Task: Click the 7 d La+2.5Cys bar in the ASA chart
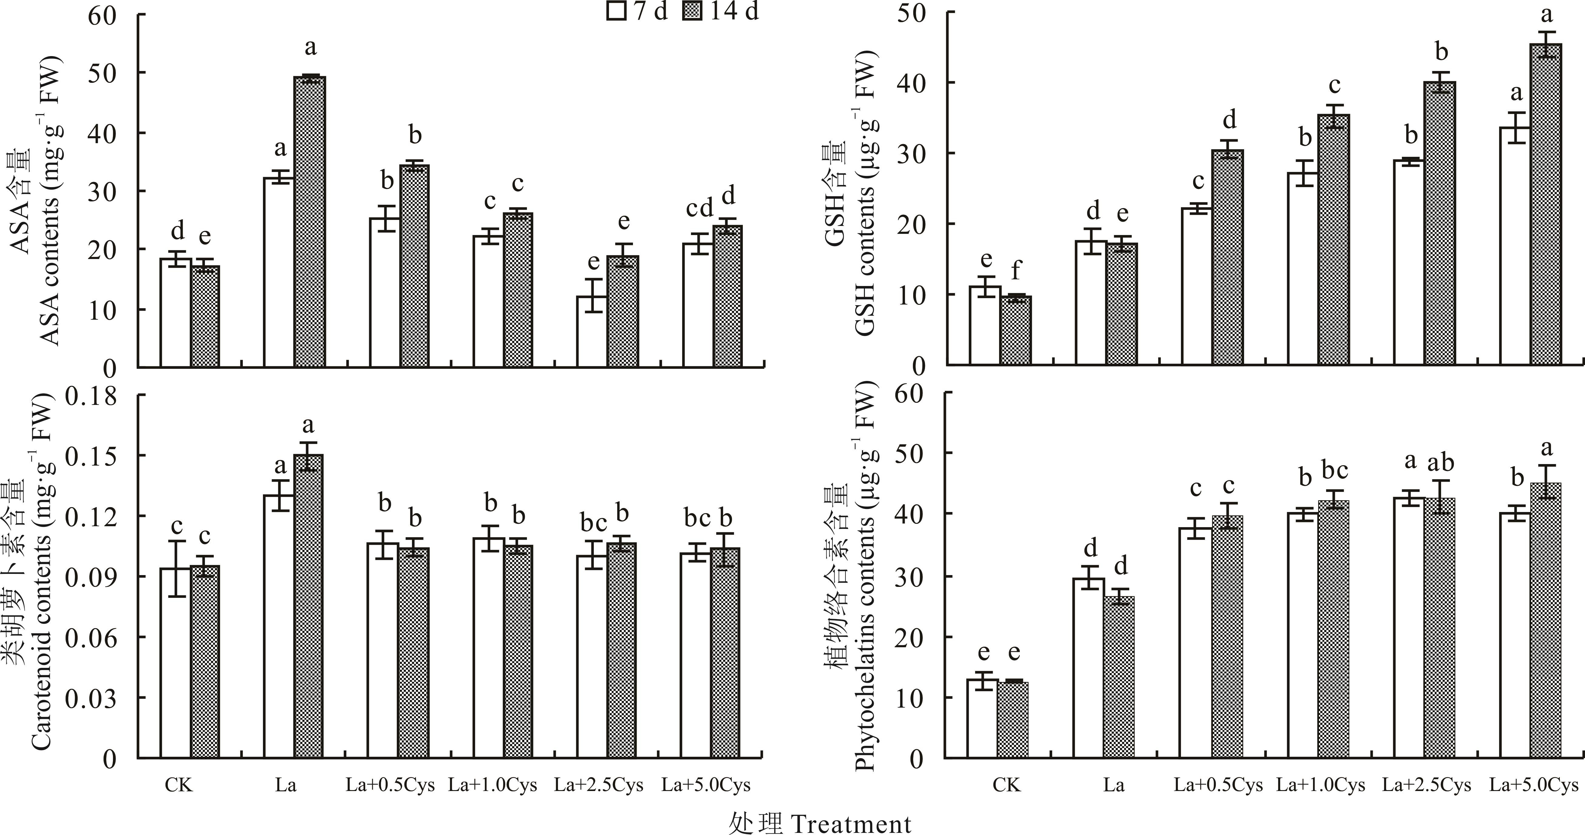pos(592,332)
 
